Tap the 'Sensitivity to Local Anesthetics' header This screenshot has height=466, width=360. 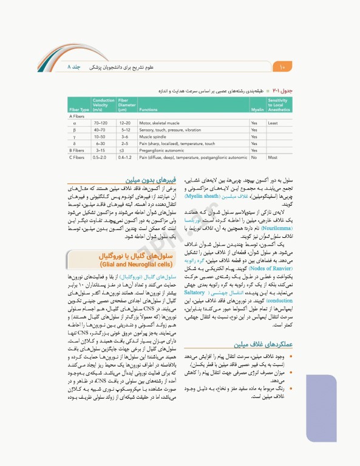tap(278, 105)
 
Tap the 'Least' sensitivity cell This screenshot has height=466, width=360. tap(273, 123)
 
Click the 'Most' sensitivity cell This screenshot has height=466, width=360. tap(273, 157)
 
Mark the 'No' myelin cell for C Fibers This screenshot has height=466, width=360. tap(253, 157)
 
